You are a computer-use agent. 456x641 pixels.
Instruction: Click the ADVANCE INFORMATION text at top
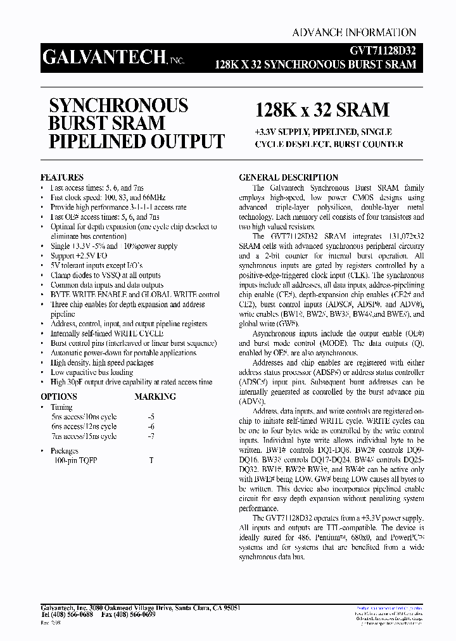coord(354,32)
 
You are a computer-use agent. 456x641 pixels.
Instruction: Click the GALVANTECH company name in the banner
coord(104,58)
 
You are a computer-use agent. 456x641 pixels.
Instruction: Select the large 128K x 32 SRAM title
coord(322,110)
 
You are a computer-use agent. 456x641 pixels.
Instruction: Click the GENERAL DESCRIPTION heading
coord(288,178)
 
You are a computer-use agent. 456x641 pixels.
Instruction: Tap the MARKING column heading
coord(155,397)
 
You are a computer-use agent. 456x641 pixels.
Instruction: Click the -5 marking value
coord(151,417)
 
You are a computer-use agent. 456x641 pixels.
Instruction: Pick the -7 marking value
coord(151,436)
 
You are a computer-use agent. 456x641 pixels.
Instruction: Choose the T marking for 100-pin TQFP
coord(151,460)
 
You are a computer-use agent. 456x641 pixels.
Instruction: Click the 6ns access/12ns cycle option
coord(84,427)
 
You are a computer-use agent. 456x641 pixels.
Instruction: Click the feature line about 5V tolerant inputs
coord(96,265)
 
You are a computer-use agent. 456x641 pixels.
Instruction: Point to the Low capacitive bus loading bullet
coord(92,372)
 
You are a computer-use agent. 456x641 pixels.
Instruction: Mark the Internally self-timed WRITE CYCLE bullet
coord(106,333)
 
